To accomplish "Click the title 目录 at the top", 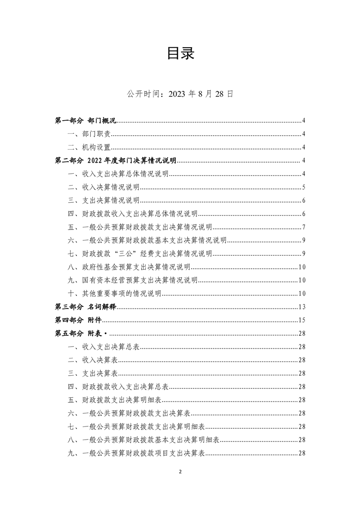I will point(180,53).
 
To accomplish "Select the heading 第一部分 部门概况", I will point(85,121).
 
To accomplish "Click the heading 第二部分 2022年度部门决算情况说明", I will point(115,161).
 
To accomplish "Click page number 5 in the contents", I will point(303,187).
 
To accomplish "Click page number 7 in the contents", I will point(303,227).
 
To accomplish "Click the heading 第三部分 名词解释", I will point(85,307).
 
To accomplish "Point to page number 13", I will point(301,307).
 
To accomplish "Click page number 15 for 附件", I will point(301,320).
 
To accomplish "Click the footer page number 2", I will point(180,472).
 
